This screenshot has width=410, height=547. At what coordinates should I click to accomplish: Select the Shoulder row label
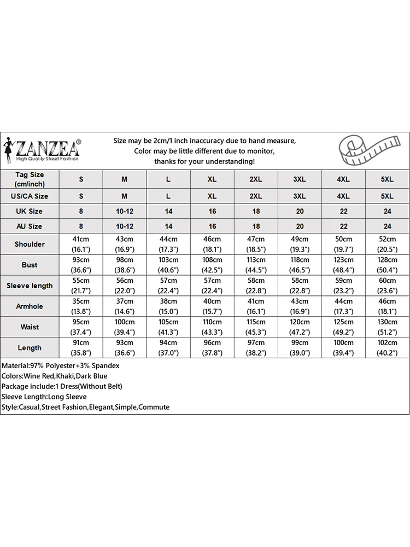(30, 244)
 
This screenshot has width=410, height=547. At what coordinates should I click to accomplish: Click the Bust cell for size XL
(212, 265)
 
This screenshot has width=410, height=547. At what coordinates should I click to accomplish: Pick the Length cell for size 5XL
(387, 348)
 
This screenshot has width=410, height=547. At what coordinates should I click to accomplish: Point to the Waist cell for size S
(81, 327)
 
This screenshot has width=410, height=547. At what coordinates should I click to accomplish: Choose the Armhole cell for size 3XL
(300, 306)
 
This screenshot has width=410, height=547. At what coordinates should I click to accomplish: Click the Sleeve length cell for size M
(125, 286)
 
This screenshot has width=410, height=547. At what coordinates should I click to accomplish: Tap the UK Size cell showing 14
(168, 211)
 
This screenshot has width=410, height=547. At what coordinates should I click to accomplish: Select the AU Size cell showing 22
(343, 226)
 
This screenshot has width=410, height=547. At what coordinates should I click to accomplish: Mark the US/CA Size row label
(30, 196)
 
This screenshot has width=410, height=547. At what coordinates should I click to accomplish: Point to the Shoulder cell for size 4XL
(343, 244)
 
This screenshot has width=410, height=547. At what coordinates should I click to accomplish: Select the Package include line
(61, 386)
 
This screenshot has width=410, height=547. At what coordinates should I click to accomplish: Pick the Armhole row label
(30, 306)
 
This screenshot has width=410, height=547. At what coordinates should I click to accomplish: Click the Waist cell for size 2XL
(256, 327)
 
